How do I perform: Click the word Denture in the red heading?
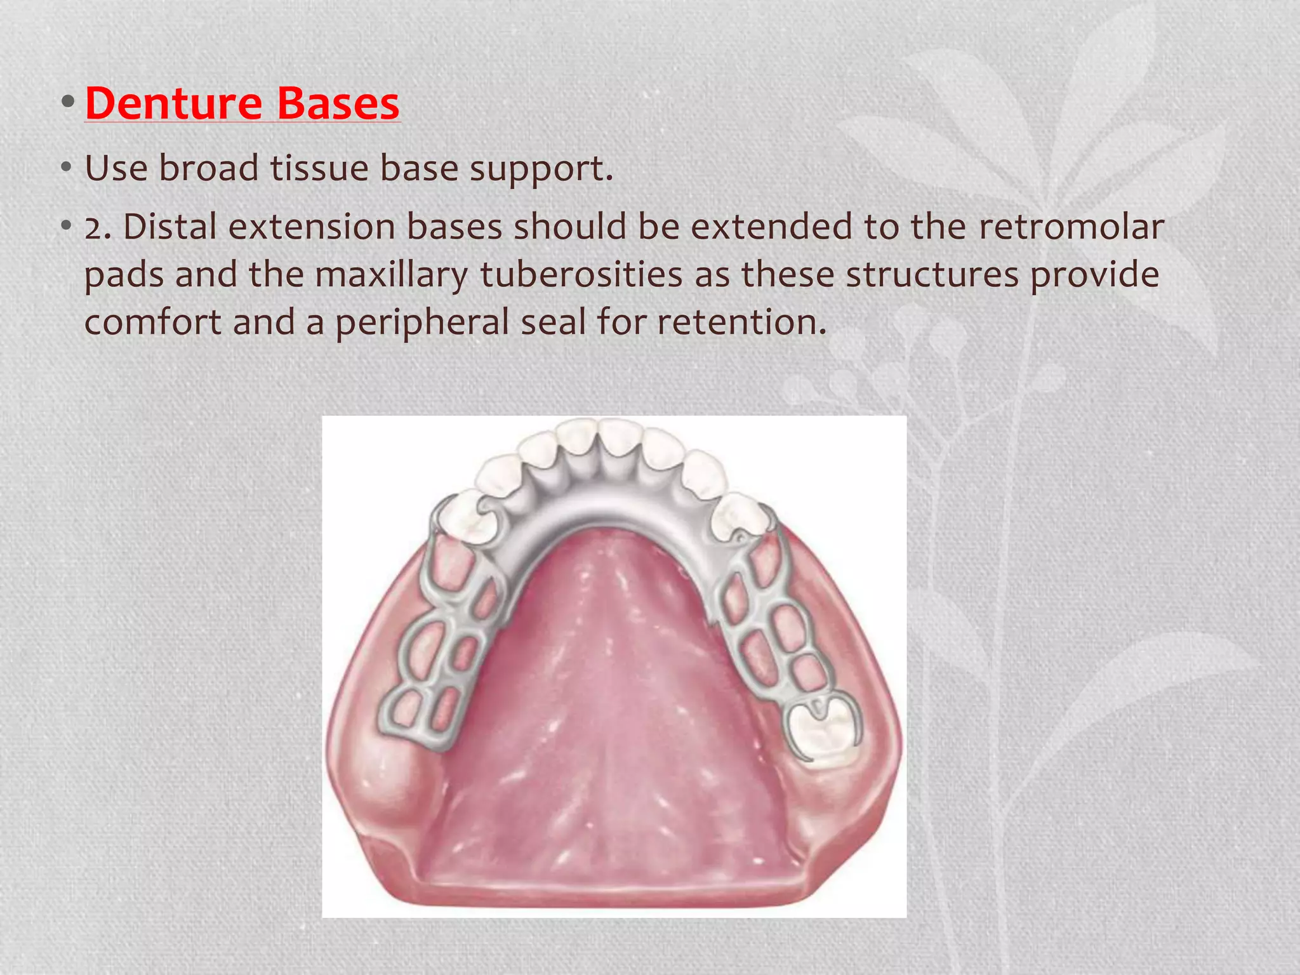tap(173, 103)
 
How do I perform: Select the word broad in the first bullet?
tap(209, 168)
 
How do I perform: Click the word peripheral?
tap(422, 322)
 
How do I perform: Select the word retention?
tap(741, 322)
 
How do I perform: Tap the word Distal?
tap(169, 227)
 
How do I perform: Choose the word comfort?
tap(152, 322)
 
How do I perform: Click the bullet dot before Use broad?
tap(66, 169)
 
